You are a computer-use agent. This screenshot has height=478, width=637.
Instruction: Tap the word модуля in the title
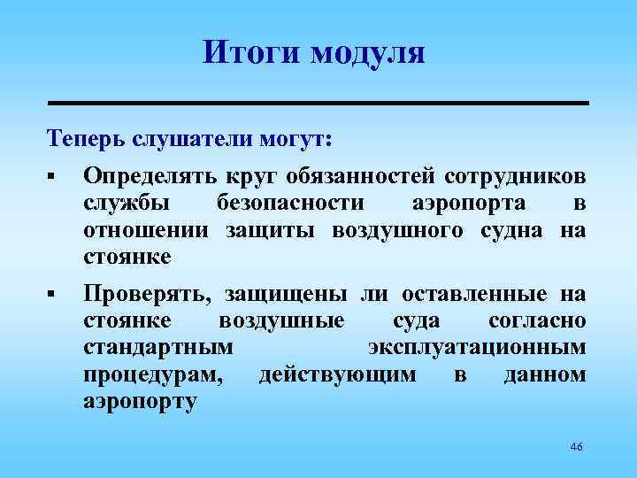pyautogui.click(x=368, y=54)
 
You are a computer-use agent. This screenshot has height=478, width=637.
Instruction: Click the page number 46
pyautogui.click(x=577, y=447)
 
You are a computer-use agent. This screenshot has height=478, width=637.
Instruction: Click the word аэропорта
pyautogui.click(x=469, y=203)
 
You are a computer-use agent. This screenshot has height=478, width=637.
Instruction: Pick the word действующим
pyautogui.click(x=337, y=376)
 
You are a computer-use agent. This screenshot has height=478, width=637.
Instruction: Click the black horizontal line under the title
pyautogui.click(x=318, y=104)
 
